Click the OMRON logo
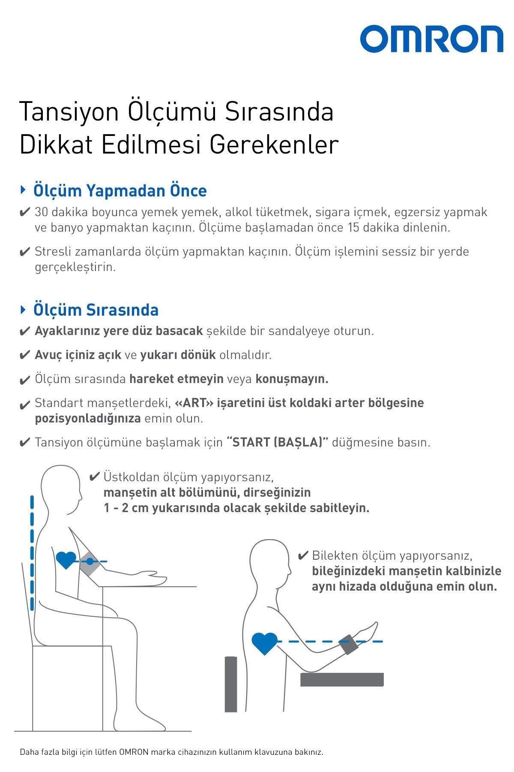click(x=431, y=39)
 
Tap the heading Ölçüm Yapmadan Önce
click(x=120, y=191)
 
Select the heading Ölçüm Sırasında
click(x=96, y=310)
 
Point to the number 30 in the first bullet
click(x=42, y=212)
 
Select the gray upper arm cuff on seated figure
click(x=90, y=562)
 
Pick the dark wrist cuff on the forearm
click(x=349, y=644)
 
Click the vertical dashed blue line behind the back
click(x=32, y=553)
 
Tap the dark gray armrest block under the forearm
click(x=341, y=679)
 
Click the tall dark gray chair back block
click(x=231, y=684)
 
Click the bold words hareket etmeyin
click(x=176, y=379)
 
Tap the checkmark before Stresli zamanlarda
click(x=25, y=252)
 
